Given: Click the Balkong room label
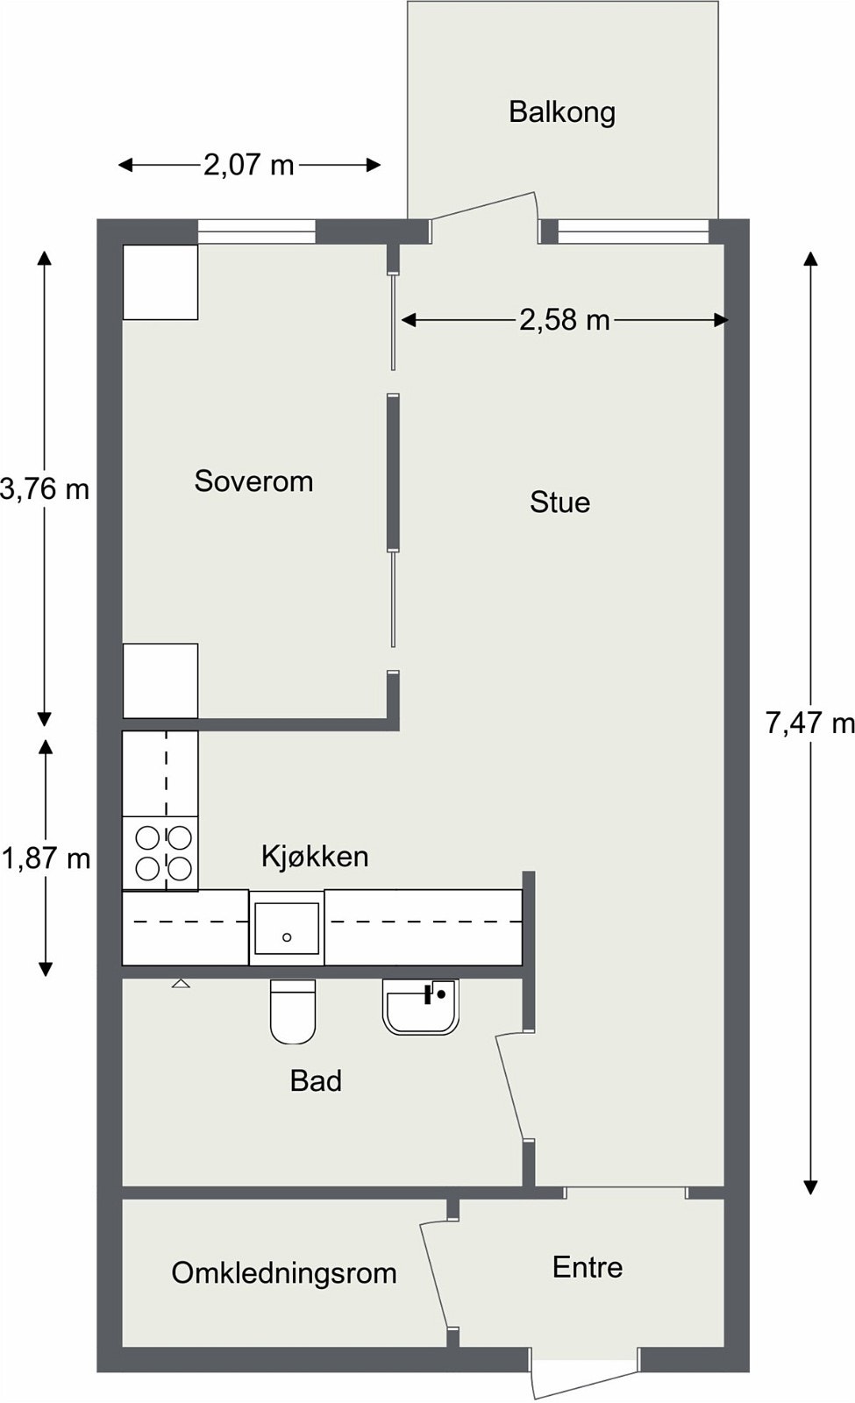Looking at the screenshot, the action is [x=562, y=113].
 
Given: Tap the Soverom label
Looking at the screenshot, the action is [x=253, y=481].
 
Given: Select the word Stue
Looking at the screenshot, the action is [x=560, y=502].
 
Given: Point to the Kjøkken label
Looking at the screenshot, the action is [x=315, y=856].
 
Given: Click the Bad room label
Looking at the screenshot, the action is [x=317, y=1081].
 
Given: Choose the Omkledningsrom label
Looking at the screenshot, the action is [x=284, y=1273].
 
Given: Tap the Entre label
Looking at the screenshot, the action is [x=588, y=1268].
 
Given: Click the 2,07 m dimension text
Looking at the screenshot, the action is [x=249, y=166].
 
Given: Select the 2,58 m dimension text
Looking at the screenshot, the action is [x=565, y=321].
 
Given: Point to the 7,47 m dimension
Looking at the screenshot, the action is [x=810, y=724].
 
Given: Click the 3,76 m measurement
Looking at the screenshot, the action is [x=45, y=489].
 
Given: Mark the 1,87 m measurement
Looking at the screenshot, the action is [x=46, y=858].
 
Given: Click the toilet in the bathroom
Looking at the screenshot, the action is [x=293, y=1012].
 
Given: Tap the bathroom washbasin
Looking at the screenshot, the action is [x=421, y=1007].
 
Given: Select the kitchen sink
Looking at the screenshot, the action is [x=287, y=928].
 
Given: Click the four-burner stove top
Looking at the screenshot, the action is [x=160, y=853].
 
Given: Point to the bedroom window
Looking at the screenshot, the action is [x=257, y=231].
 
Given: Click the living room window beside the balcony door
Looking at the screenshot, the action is [x=633, y=231].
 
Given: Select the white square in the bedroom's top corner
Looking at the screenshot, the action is [x=160, y=281].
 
